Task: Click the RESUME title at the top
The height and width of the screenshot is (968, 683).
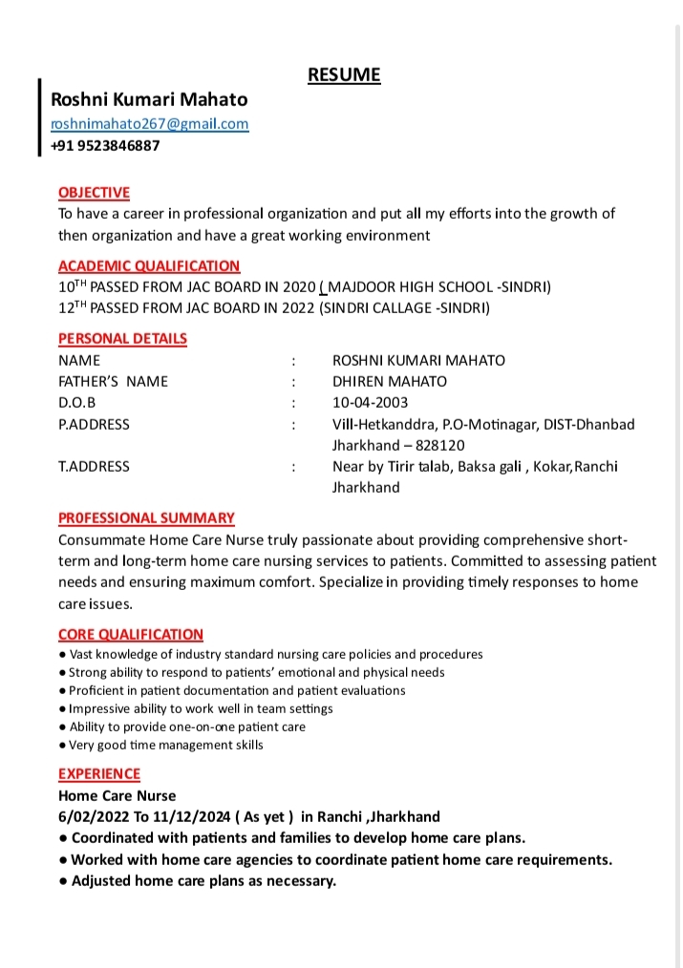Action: click(344, 75)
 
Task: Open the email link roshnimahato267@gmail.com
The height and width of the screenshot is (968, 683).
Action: click(149, 124)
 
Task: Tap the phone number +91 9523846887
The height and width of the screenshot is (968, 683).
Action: click(105, 146)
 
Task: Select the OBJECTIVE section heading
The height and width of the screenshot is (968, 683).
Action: click(94, 193)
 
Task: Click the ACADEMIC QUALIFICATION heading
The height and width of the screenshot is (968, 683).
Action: click(149, 266)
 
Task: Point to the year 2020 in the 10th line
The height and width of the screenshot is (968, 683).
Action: click(298, 286)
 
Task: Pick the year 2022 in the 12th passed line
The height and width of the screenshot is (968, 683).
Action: click(298, 307)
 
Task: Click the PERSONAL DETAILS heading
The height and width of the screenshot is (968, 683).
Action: click(122, 339)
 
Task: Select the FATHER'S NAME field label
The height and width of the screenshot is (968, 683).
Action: click(113, 381)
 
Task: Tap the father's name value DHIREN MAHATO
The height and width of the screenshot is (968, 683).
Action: click(389, 381)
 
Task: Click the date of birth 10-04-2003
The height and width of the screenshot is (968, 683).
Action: click(370, 402)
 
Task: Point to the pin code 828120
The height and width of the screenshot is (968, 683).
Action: click(440, 445)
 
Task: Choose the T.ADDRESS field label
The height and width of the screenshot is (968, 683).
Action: click(94, 467)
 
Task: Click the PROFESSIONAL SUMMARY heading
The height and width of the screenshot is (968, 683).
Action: click(146, 518)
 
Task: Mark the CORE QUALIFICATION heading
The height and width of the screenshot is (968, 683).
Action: click(131, 635)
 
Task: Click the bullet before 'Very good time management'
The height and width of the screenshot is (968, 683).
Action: click(62, 745)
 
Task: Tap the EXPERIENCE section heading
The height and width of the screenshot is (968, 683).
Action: click(99, 774)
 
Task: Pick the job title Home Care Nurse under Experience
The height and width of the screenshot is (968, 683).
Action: click(117, 795)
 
